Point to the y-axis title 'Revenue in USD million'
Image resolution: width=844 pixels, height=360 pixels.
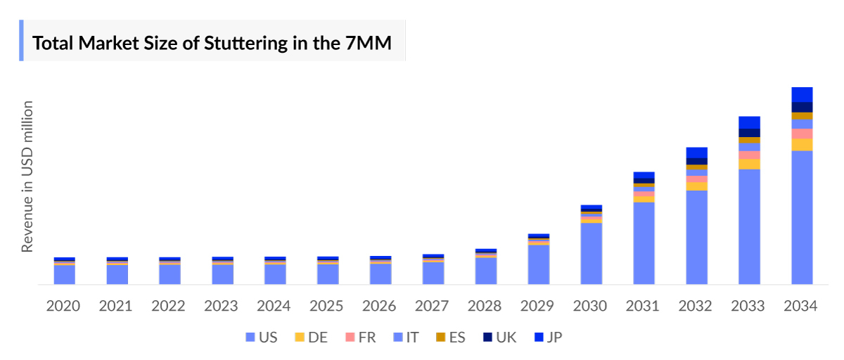click(x=27, y=176)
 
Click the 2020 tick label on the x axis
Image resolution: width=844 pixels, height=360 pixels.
click(x=63, y=307)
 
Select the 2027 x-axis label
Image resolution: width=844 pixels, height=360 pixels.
click(x=432, y=307)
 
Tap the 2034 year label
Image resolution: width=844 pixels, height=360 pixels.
click(x=801, y=307)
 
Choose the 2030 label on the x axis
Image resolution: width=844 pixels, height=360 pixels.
click(x=590, y=307)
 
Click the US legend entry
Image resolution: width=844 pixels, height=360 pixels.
click(x=260, y=337)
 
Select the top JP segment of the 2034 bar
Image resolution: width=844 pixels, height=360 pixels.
click(x=802, y=94)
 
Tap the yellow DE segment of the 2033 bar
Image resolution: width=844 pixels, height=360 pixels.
click(x=749, y=164)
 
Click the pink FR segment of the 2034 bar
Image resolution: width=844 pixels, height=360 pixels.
click(x=802, y=134)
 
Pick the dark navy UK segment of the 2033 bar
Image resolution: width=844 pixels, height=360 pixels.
click(x=749, y=133)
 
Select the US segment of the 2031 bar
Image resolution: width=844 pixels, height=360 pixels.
click(x=644, y=243)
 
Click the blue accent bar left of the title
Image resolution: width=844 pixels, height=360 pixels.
click(x=21, y=41)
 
